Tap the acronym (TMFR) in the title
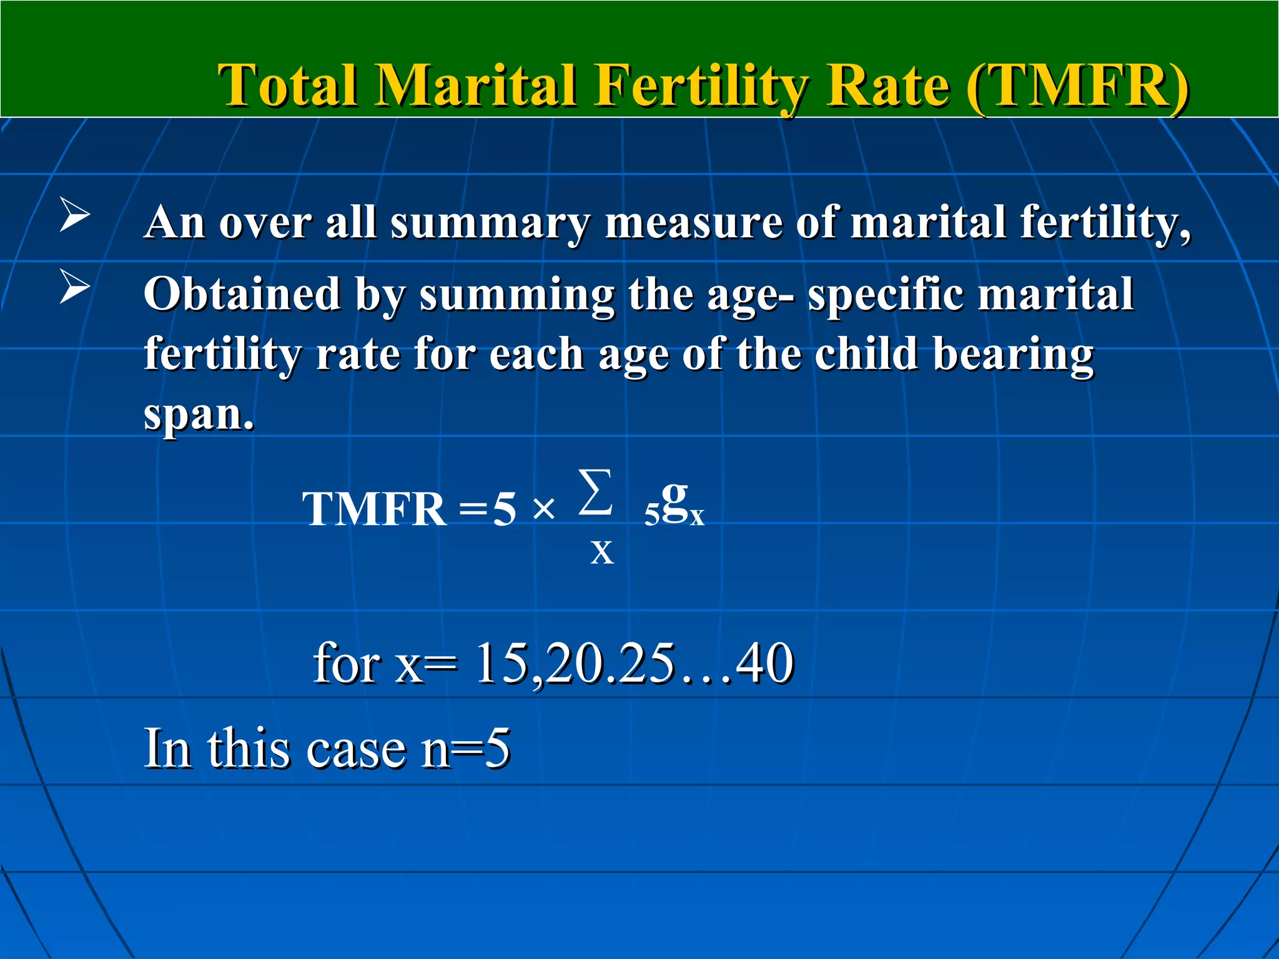tap(1077, 86)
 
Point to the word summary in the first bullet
tap(490, 222)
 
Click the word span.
tap(199, 415)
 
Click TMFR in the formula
tap(375, 509)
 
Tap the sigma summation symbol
tap(595, 493)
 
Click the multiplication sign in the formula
tap(544, 509)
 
